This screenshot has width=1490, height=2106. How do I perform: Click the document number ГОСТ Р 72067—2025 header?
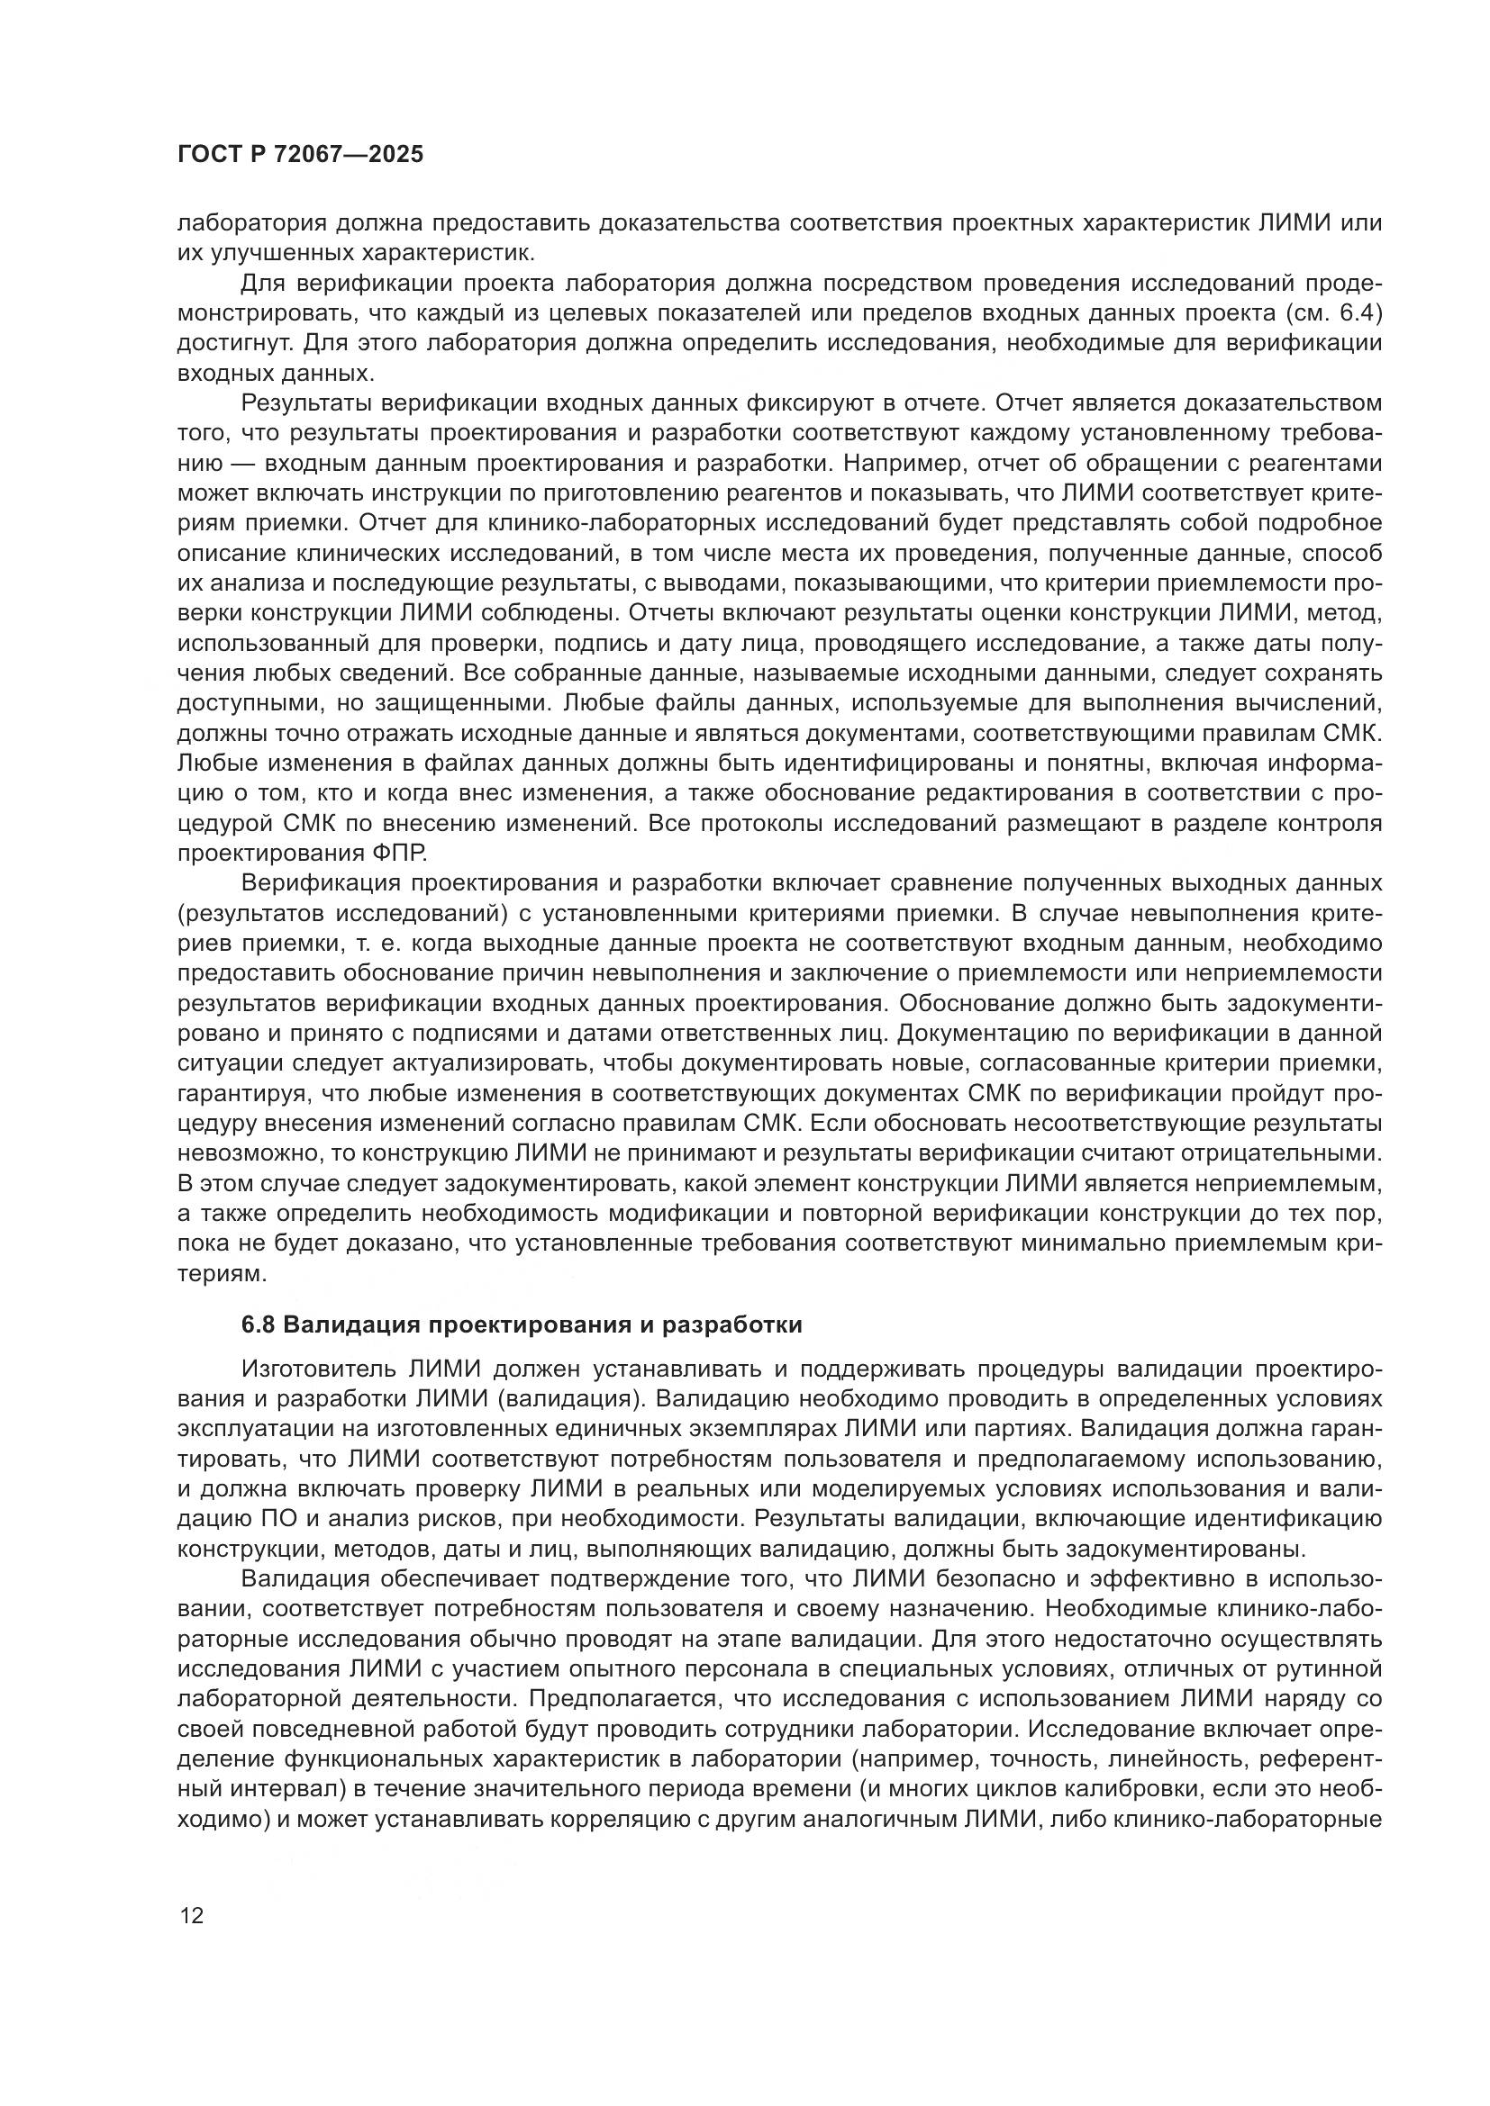pos(300,154)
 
